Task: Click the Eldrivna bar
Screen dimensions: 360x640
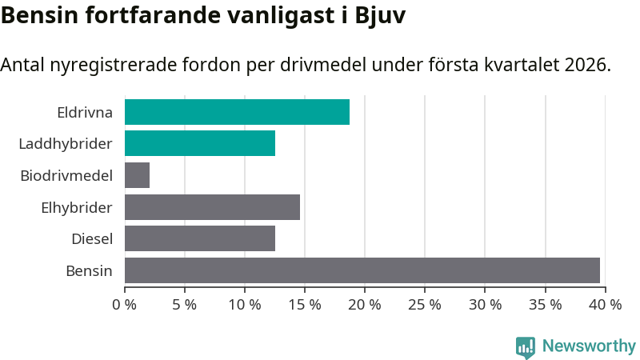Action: click(x=237, y=112)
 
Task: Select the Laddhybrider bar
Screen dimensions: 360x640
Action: click(x=200, y=143)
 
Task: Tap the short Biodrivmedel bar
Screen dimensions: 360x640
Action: click(x=137, y=175)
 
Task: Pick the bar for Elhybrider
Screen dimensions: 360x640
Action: click(x=212, y=206)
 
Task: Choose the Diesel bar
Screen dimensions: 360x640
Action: click(x=200, y=238)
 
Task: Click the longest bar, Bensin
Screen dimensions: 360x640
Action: click(x=362, y=270)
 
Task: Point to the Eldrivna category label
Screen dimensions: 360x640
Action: click(x=85, y=112)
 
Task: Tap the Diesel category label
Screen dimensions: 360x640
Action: click(x=92, y=238)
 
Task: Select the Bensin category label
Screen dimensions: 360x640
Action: click(x=89, y=270)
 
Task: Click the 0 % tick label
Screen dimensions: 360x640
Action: click(x=125, y=304)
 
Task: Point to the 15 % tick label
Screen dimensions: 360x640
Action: click(x=305, y=304)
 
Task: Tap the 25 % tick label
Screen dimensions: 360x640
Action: click(x=425, y=304)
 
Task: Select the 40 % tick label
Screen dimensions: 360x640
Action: click(x=605, y=304)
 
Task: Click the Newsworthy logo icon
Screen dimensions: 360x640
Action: click(x=526, y=347)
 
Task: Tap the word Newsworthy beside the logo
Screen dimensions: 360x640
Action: click(x=589, y=346)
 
